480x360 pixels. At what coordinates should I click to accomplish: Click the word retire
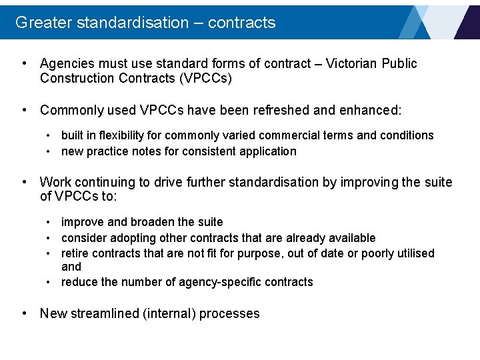point(75,253)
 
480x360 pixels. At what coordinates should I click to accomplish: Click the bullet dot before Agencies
point(24,64)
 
